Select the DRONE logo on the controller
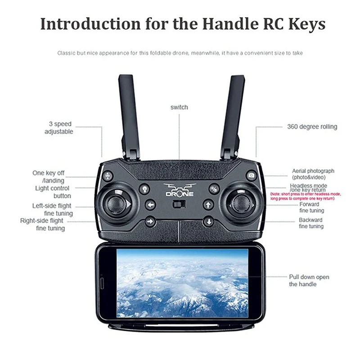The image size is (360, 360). [180, 189]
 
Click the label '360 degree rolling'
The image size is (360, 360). [312, 127]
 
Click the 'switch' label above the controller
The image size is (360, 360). [179, 107]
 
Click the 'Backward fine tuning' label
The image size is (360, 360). [311, 223]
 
